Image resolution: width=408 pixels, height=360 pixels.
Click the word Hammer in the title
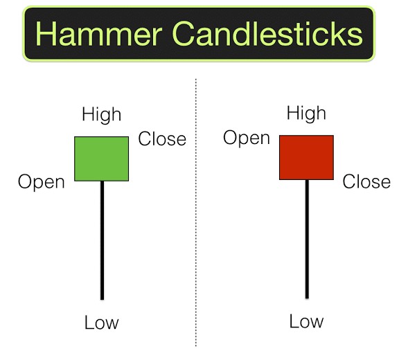(99, 34)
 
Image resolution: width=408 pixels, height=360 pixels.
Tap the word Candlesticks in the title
(267, 34)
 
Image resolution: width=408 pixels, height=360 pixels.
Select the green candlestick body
(101, 159)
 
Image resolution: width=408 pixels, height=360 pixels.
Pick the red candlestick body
(307, 157)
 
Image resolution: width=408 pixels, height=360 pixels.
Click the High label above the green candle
(101, 114)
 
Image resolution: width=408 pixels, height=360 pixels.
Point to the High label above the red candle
(306, 113)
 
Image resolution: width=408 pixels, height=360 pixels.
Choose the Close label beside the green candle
(162, 138)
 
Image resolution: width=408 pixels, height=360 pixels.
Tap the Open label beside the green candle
(42, 182)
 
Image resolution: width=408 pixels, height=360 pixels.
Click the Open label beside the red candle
(247, 138)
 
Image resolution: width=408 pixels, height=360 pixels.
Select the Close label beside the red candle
(366, 181)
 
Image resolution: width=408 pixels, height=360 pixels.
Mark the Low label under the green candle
(101, 323)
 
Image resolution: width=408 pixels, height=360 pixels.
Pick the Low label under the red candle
(307, 321)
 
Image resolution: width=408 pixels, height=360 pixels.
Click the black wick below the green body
(103, 240)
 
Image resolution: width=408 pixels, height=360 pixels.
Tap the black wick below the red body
(307, 239)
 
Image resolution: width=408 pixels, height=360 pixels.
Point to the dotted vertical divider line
(195, 213)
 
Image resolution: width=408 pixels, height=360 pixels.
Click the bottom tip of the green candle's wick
(103, 300)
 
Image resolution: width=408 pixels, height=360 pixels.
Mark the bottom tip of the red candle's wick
(307, 298)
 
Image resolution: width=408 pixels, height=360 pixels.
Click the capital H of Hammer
(45, 34)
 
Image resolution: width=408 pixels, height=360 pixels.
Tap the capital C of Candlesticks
(183, 34)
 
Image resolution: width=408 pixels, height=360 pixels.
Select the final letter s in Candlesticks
(355, 37)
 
